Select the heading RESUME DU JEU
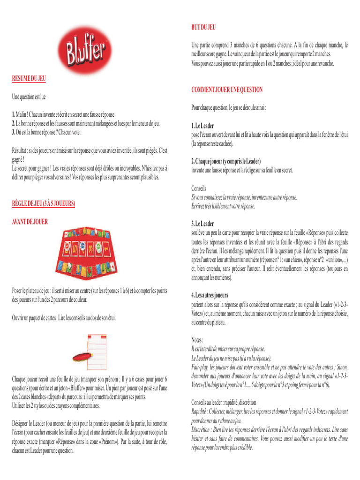pyautogui.click(x=29, y=78)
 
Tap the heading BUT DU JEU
pyautogui.click(x=203, y=28)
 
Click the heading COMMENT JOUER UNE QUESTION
pyautogui.click(x=227, y=90)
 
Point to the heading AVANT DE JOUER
pyautogui.click(x=30, y=221)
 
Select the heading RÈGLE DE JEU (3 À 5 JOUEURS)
pyautogui.click(x=44, y=204)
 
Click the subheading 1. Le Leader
pyautogui.click(x=202, y=126)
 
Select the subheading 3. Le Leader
pyautogui.click(x=202, y=224)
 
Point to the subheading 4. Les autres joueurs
pyautogui.click(x=210, y=295)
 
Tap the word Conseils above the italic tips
pyautogui.click(x=199, y=188)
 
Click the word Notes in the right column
pyautogui.click(x=197, y=339)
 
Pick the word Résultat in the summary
pyautogui.click(x=22, y=150)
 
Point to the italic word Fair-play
pyautogui.click(x=201, y=367)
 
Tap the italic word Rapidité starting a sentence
pyautogui.click(x=201, y=411)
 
